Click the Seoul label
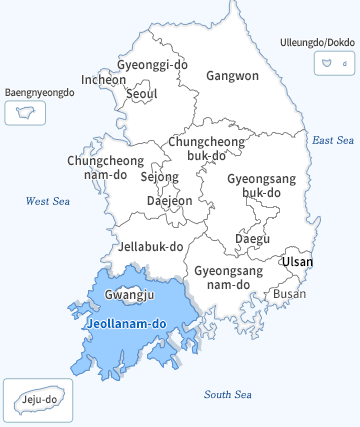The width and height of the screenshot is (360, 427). point(142,94)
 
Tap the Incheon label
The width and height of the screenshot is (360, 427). point(104,79)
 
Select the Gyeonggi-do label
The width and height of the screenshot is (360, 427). point(152,64)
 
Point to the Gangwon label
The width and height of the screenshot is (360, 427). point(232,75)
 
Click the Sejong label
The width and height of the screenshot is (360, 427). point(159,177)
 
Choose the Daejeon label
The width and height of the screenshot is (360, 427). point(169,200)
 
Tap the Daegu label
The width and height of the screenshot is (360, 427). point(252,238)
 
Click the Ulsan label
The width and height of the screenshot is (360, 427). point(297,262)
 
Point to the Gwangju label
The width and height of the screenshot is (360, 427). point(129,295)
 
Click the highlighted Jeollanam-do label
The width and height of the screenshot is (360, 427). point(126,324)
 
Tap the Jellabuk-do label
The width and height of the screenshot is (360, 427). point(151,245)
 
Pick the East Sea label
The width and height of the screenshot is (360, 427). point(333,140)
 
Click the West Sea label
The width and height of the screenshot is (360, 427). point(48,201)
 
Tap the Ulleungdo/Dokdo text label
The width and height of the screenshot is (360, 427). point(313,43)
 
